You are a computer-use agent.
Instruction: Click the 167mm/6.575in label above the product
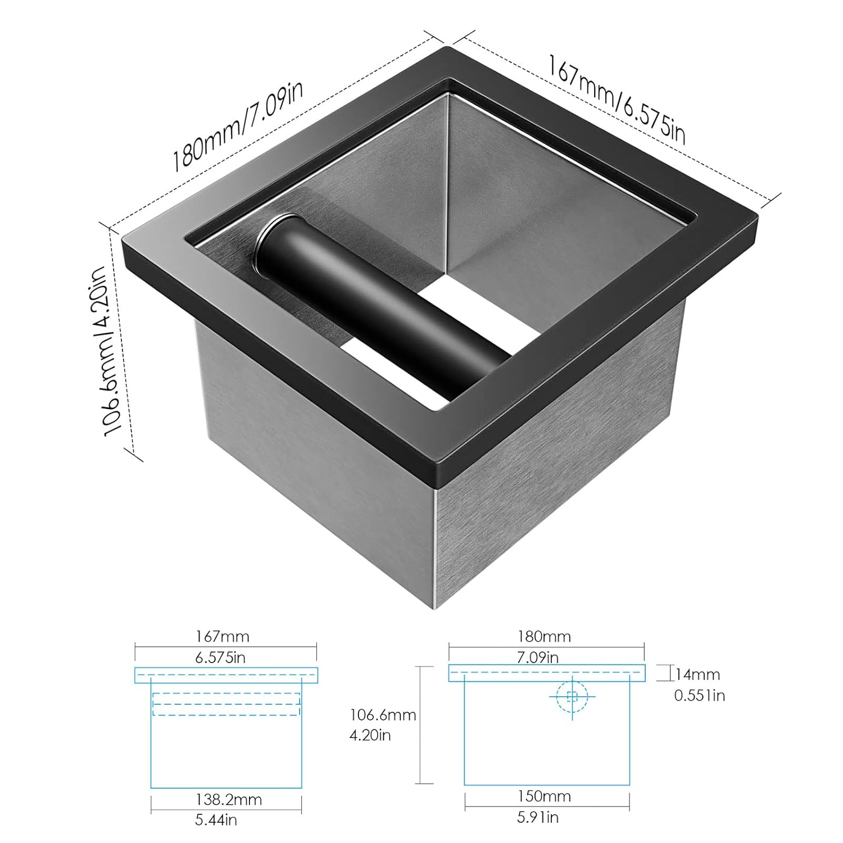(617, 99)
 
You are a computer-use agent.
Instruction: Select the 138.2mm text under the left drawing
(228, 800)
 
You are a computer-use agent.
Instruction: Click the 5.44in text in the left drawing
(216, 820)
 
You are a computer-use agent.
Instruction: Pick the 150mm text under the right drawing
(545, 796)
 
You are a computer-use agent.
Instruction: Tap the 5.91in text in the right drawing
(538, 817)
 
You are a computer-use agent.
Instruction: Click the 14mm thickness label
(697, 674)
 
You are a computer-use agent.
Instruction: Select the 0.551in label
(700, 696)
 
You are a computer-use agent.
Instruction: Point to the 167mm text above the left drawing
(222, 636)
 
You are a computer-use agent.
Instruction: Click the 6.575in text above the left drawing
(220, 657)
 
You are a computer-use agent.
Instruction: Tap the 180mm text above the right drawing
(544, 636)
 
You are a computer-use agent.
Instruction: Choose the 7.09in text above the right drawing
(537, 657)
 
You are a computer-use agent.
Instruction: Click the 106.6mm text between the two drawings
(383, 715)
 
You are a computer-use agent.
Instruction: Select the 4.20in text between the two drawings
(370, 735)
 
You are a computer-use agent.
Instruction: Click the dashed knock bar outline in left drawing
(226, 704)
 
